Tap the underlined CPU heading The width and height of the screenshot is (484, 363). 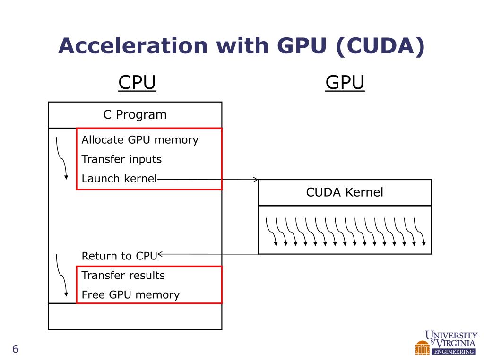click(x=137, y=83)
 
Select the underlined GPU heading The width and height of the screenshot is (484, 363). click(x=345, y=83)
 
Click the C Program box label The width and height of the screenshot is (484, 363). click(x=135, y=115)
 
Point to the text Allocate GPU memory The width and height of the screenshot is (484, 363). click(x=140, y=140)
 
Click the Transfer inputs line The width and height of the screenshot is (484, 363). click(x=121, y=159)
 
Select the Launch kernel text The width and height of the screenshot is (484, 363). click(x=119, y=179)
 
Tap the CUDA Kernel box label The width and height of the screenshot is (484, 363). click(x=345, y=192)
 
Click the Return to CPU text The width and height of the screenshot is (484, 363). click(x=119, y=256)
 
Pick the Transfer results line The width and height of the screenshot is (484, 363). click(x=123, y=275)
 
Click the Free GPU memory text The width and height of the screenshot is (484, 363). click(x=130, y=295)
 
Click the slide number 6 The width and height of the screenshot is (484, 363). click(x=15, y=349)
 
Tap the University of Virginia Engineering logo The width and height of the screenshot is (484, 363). click(x=446, y=342)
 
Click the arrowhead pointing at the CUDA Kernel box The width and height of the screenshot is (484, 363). click(x=255, y=180)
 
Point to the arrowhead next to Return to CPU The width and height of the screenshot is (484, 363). click(x=161, y=254)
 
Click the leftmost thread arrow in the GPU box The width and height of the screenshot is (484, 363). click(x=272, y=232)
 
